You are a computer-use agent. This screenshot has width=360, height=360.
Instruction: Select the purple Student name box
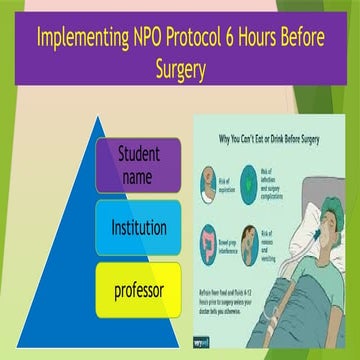click(139, 165)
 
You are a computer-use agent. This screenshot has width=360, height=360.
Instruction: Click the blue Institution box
click(139, 226)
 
